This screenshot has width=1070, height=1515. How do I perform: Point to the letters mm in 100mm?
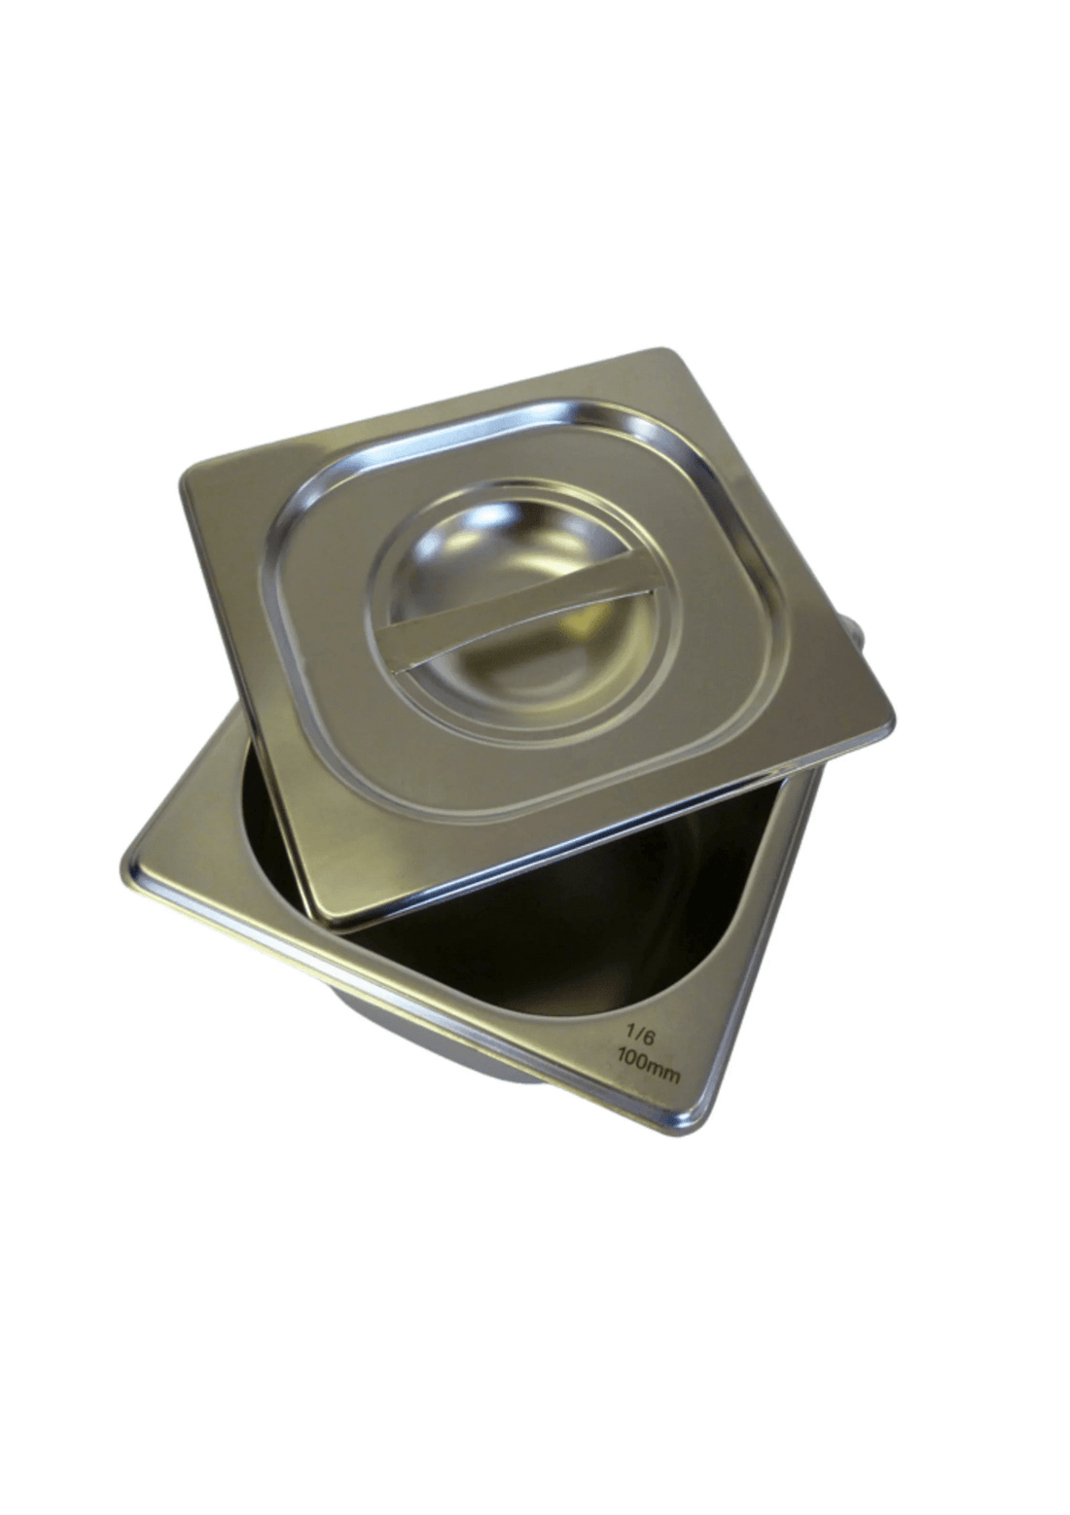click(665, 1075)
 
